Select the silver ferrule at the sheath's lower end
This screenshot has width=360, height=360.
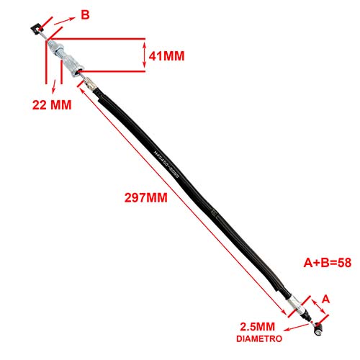(297, 307)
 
